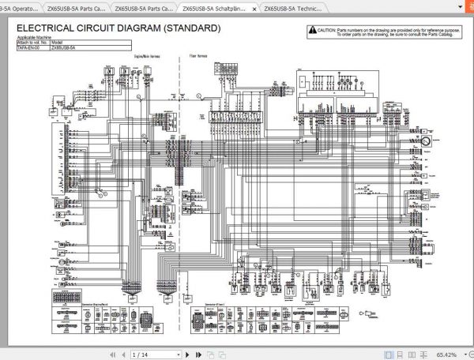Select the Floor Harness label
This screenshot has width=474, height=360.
point(199,57)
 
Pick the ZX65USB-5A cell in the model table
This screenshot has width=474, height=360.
point(63,48)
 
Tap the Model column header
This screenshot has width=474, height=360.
point(57,43)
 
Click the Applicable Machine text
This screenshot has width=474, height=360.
point(32,39)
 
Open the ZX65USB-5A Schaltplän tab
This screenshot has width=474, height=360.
point(213,8)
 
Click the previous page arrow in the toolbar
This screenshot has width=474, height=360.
point(122,354)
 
